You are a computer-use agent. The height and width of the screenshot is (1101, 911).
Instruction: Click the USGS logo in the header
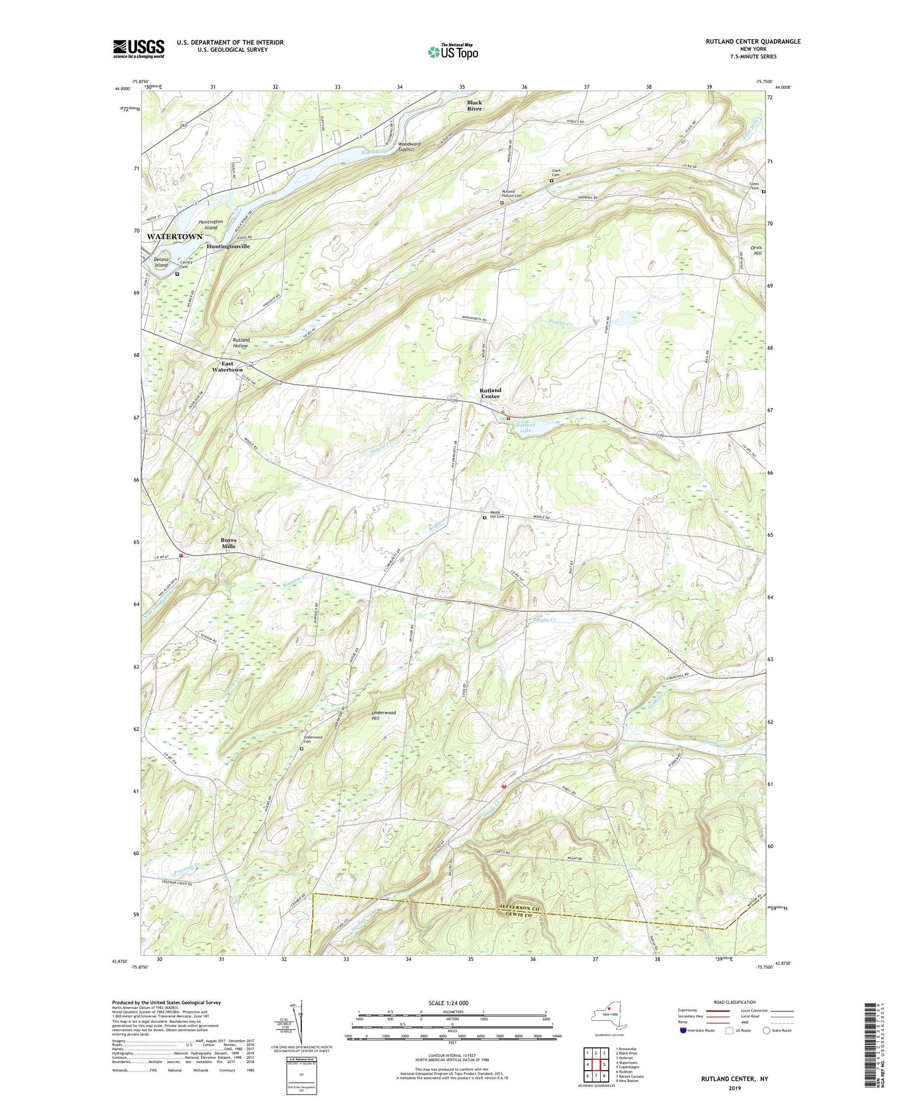[139, 49]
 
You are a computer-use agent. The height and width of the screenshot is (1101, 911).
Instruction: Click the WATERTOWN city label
[175, 236]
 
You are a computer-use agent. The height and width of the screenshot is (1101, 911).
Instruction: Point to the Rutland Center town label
[490, 393]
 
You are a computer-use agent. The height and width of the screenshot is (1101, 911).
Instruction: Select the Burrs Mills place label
[228, 543]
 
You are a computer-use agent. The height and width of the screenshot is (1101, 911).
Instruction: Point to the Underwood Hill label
[383, 715]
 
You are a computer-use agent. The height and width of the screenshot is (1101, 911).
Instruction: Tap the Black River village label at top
[475, 105]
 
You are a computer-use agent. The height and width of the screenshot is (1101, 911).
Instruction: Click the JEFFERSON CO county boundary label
[520, 907]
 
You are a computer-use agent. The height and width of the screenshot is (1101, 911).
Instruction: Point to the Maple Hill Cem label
[497, 515]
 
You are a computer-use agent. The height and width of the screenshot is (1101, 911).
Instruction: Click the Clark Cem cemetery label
[557, 173]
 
